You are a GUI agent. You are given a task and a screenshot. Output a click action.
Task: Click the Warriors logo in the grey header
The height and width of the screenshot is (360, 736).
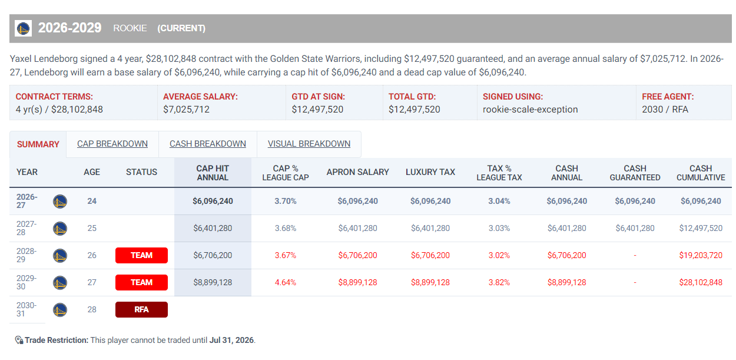[24, 28]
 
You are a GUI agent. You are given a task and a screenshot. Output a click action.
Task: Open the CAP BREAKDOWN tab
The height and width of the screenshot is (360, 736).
[112, 144]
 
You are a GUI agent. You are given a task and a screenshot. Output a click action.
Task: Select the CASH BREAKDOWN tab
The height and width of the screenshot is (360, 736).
[208, 144]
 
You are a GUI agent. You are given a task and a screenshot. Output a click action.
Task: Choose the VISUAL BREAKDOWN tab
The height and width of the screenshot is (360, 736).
[309, 144]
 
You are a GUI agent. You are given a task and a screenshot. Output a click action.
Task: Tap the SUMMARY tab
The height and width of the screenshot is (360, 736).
[38, 144]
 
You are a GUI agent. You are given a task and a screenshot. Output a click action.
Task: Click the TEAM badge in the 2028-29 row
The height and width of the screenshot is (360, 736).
[142, 256]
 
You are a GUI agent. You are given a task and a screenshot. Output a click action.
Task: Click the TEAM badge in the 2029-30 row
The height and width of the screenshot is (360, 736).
[142, 282]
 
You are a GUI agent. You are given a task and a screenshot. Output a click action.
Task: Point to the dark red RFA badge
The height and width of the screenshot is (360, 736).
[142, 310]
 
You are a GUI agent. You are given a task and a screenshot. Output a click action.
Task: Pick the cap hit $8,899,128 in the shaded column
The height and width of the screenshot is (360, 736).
[213, 282]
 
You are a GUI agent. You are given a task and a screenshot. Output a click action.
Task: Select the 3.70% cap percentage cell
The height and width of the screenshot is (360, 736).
[286, 201]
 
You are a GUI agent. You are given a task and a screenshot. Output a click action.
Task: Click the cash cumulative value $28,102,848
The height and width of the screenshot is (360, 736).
[701, 282]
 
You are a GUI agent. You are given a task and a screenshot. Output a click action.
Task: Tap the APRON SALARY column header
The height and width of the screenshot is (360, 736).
[358, 172]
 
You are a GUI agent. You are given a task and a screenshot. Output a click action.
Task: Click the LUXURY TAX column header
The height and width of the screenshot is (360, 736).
[430, 172]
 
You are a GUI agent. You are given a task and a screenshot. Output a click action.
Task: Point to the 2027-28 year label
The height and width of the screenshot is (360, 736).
[26, 228]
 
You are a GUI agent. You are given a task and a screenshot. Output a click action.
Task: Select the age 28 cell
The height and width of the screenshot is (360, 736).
[92, 310]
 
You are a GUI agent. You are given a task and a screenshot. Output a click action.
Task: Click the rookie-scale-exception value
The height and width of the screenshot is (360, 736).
[531, 110]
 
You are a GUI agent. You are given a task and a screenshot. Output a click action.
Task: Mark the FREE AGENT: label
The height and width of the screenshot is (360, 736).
[668, 97]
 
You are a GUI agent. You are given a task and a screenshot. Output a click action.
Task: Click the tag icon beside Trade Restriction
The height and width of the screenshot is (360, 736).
[19, 341]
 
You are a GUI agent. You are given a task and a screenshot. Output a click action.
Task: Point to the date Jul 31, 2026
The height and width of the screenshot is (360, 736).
[231, 341]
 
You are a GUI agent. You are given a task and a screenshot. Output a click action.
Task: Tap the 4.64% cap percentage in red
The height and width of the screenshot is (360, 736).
[286, 282]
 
